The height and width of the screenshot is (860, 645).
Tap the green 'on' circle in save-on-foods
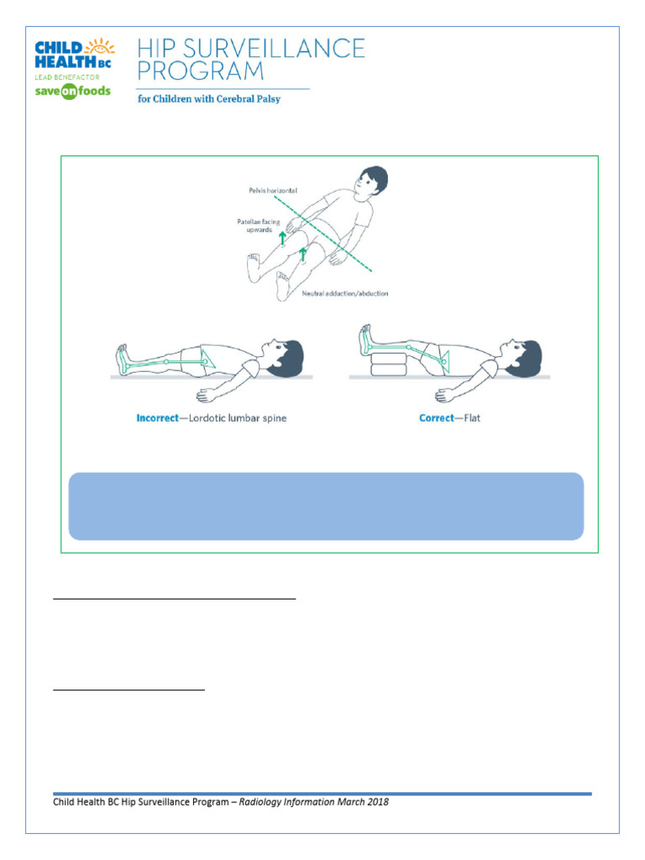(67, 92)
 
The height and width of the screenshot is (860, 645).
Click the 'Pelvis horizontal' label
(265, 191)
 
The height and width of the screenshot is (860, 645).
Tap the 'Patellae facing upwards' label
(255, 226)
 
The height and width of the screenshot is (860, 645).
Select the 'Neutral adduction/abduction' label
(344, 294)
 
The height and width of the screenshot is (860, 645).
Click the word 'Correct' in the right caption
(437, 418)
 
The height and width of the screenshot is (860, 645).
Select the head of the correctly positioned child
(524, 353)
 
